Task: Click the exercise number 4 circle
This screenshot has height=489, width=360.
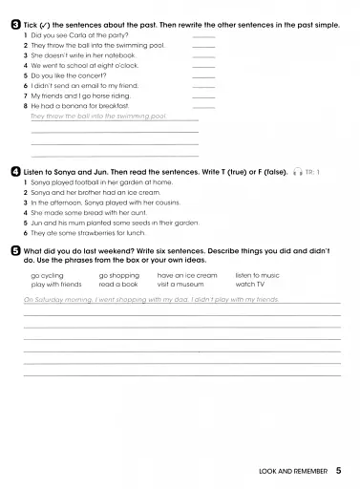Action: click(15, 171)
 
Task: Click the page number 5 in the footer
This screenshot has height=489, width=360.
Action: click(339, 471)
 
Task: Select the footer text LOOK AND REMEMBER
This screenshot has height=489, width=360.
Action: click(293, 471)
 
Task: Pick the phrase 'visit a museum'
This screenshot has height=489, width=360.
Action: click(180, 284)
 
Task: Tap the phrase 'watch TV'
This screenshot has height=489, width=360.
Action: click(250, 284)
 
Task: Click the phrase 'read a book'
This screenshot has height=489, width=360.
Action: click(118, 284)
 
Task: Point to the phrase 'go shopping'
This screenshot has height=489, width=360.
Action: click(119, 275)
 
